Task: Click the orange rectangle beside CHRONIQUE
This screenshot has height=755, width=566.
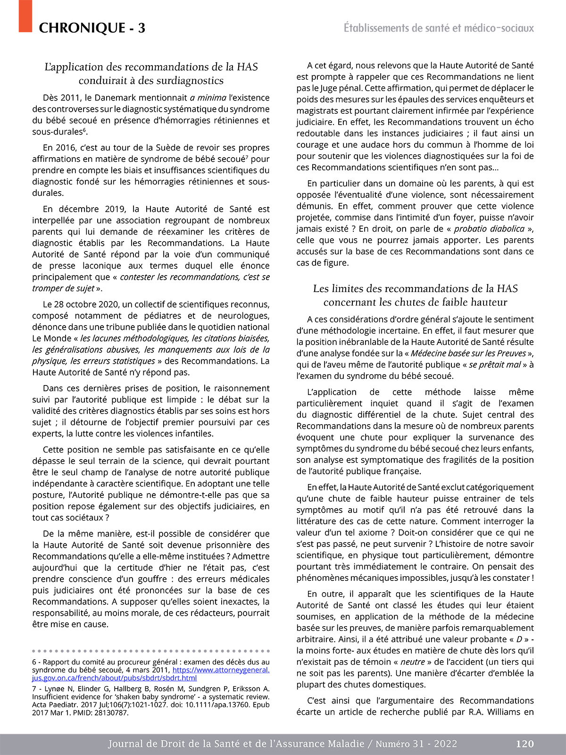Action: coord(25,16)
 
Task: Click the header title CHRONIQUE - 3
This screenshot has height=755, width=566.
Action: coord(92,28)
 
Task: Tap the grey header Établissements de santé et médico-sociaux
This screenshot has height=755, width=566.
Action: coord(439,28)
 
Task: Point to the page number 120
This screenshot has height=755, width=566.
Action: coord(524,744)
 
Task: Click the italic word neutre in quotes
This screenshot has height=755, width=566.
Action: coord(413,662)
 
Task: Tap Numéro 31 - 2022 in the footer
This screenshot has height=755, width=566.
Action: coord(416,744)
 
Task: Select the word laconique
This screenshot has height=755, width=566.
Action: coord(109,266)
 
